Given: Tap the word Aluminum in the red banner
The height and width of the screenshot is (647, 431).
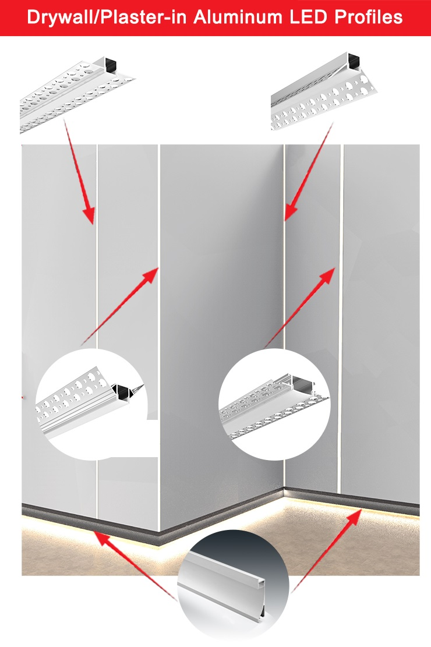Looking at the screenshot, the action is (238, 17).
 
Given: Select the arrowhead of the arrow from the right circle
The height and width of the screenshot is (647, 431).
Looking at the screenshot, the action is (326, 275).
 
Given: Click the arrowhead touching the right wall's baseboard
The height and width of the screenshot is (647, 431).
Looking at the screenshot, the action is (354, 517).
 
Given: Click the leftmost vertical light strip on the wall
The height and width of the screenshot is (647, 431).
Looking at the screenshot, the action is (97, 330).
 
